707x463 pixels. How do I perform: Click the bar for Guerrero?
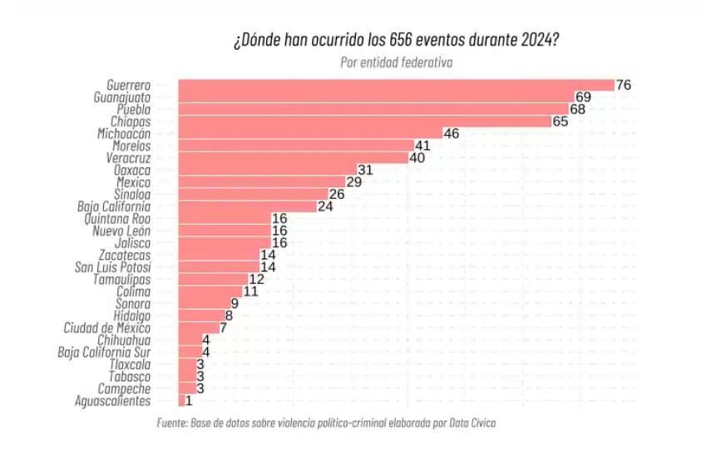395,85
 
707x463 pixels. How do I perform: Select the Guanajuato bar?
375,97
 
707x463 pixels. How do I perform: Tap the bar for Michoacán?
309,133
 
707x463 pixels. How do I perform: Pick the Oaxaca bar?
267,170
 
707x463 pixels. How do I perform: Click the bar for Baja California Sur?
189,352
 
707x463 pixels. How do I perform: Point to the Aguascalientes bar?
181,401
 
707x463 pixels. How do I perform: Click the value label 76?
624,85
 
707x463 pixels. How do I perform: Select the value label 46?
452,133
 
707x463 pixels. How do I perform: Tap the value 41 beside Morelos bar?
423,146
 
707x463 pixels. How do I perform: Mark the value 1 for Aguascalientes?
190,401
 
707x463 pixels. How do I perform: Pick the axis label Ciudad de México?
106,328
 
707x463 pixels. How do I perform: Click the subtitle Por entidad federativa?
396,62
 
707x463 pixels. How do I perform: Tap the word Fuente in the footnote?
171,423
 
